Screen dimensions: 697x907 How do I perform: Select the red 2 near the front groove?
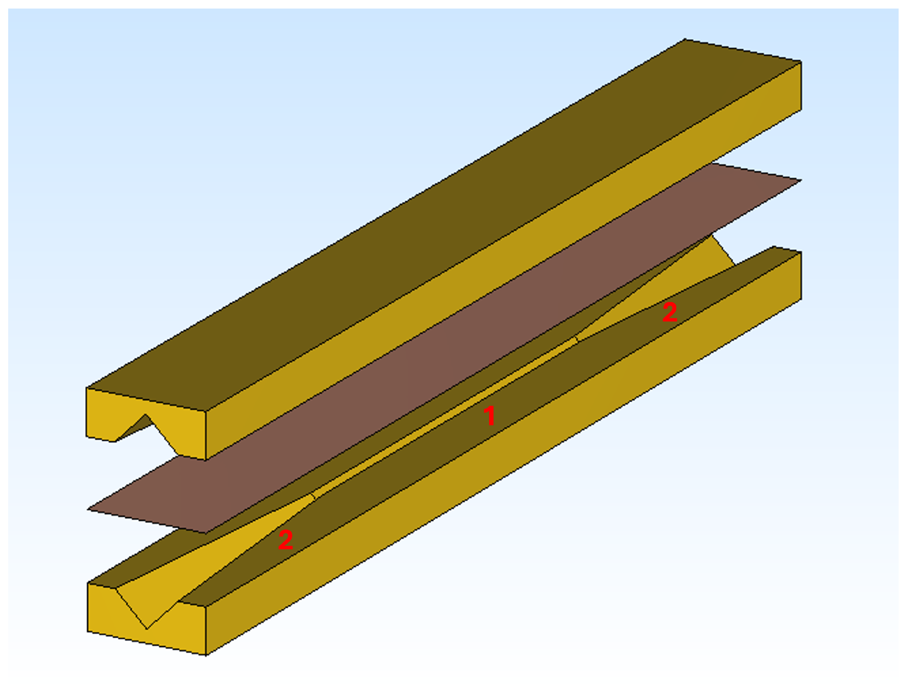click(x=286, y=540)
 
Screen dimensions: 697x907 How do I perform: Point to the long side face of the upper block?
click(x=498, y=266)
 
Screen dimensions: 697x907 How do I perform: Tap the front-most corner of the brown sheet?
click(x=206, y=533)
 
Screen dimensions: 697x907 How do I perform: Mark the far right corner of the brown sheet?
click(x=801, y=180)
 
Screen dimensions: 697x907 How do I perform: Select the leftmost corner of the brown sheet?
click(x=88, y=510)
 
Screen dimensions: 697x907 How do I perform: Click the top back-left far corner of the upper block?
click(x=685, y=39)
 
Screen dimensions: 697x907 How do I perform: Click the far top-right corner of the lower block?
click(x=801, y=252)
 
